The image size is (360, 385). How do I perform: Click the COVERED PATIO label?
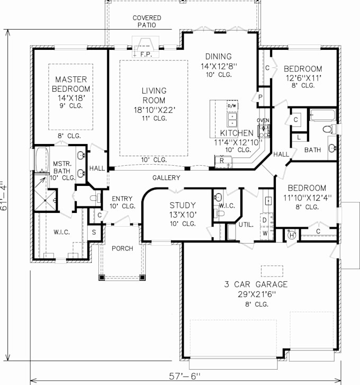click(147, 22)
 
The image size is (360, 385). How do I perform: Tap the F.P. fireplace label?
click(145, 54)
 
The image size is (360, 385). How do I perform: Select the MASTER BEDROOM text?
click(71, 84)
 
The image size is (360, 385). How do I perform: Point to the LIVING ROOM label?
click(154, 95)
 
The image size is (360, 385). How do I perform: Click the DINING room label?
click(219, 57)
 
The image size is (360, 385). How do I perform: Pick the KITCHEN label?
click(237, 133)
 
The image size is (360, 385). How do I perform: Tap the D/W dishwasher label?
click(232, 106)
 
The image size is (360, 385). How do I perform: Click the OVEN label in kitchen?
click(263, 121)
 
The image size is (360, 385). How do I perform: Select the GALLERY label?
click(166, 177)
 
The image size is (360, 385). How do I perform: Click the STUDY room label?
click(183, 205)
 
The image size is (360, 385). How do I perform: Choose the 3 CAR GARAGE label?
click(255, 284)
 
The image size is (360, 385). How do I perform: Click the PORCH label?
click(122, 248)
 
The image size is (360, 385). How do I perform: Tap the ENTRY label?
click(122, 199)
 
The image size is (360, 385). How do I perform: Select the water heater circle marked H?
click(290, 236)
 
